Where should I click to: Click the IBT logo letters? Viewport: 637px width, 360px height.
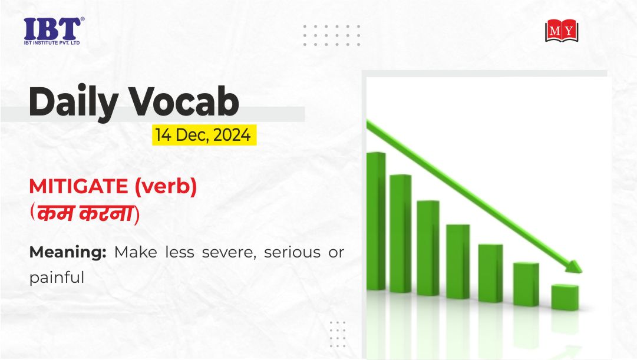tap(52, 29)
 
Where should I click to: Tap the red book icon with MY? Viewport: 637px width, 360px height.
tap(562, 30)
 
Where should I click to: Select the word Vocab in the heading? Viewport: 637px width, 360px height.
tap(184, 101)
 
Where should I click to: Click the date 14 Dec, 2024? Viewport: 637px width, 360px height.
tap(203, 135)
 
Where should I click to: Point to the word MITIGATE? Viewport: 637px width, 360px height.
tap(79, 187)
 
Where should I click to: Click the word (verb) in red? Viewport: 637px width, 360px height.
tap(166, 187)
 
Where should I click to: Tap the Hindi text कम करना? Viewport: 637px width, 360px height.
tap(84, 213)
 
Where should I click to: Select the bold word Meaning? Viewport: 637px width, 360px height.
tap(68, 252)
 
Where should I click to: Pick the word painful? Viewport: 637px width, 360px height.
tap(57, 278)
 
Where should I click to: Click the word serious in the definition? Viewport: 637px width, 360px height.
tap(292, 252)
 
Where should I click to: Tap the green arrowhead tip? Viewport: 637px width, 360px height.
tap(582, 272)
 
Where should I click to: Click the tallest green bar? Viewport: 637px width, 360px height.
tap(376, 221)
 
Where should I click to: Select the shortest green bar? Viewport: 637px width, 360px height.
tap(565, 298)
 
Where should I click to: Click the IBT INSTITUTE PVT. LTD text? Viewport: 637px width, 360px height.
tap(52, 42)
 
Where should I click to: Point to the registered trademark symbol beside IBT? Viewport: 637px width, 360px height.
tap(82, 19)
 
